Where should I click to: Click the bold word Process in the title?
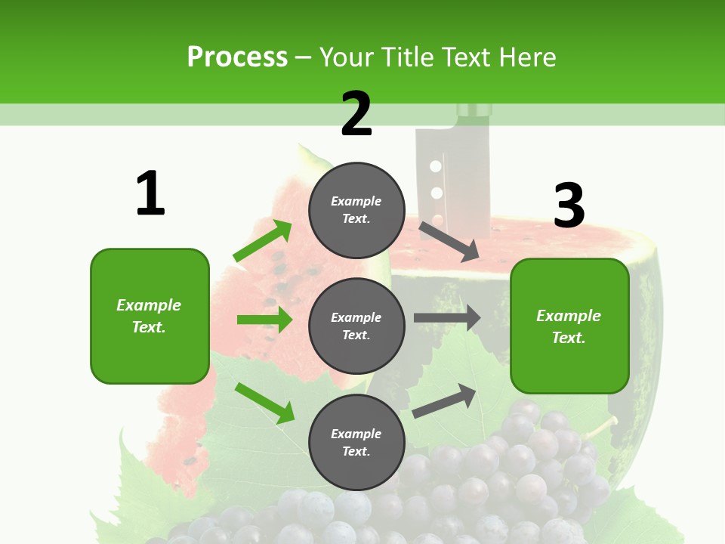point(237,57)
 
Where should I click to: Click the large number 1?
point(150,193)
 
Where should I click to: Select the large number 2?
point(356,114)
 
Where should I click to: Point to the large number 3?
point(569,206)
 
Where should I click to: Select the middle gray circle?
point(356,326)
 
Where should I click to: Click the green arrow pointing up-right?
point(262,241)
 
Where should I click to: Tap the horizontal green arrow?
point(264,320)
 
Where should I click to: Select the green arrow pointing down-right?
point(264,403)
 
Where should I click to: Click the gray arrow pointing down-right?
point(449,241)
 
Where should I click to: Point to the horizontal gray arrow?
point(447,318)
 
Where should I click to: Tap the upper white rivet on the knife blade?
point(434,165)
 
